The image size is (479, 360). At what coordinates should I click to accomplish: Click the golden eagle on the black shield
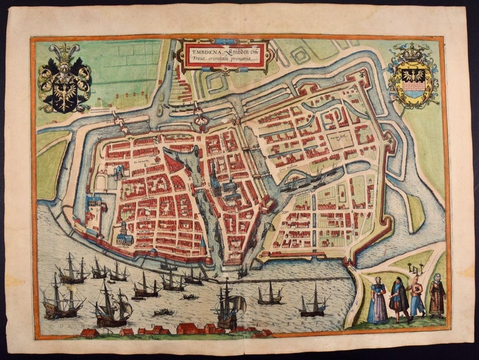(x=64, y=90)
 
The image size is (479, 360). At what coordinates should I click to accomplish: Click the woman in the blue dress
(x=377, y=302)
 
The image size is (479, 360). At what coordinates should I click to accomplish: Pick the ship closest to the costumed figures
(x=312, y=303)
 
